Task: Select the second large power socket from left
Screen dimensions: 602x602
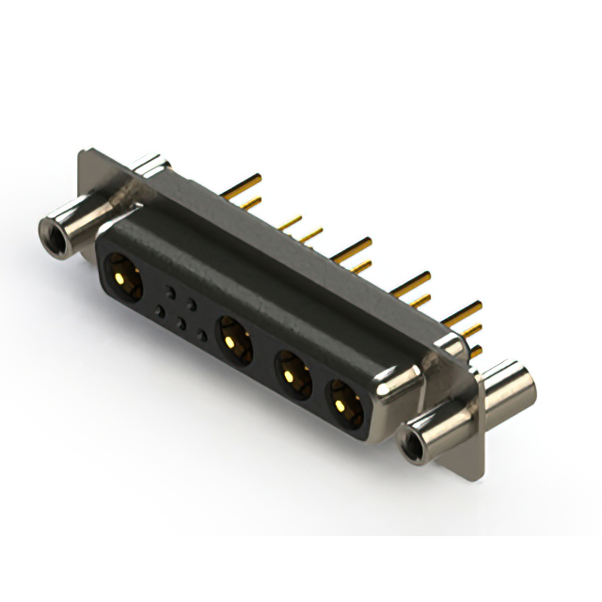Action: (233, 340)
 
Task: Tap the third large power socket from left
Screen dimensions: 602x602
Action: (293, 373)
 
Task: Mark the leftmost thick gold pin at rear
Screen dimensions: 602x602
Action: (241, 181)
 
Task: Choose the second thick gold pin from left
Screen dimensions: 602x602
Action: (353, 246)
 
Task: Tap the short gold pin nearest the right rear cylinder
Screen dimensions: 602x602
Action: (476, 351)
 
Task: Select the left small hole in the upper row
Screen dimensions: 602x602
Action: (169, 292)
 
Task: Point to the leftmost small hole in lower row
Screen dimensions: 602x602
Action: (160, 311)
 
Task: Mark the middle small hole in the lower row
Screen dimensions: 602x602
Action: (182, 324)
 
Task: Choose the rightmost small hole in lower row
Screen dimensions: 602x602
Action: (202, 336)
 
